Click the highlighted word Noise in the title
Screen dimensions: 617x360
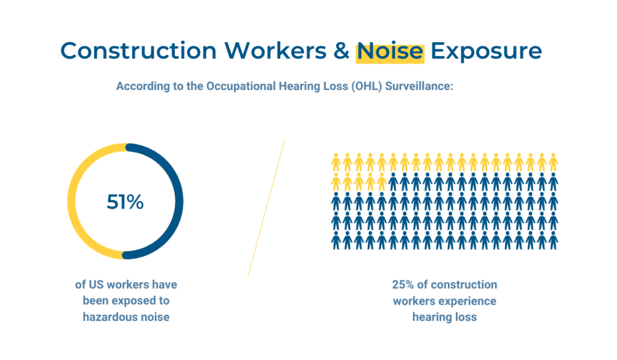coord(390,52)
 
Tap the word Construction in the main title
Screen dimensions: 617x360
coord(139,51)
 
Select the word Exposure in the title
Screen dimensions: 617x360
coord(486,51)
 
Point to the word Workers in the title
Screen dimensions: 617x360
coord(275,51)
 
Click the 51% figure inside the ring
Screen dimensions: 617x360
coord(125,201)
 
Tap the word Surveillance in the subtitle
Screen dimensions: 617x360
coord(419,86)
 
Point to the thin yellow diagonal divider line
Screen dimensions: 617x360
coord(266,209)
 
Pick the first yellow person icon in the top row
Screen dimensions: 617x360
coord(336,162)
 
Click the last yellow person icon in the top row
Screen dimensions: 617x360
coord(553,162)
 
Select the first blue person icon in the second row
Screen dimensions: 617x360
coord(393,182)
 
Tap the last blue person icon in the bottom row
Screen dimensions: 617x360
coord(553,240)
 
